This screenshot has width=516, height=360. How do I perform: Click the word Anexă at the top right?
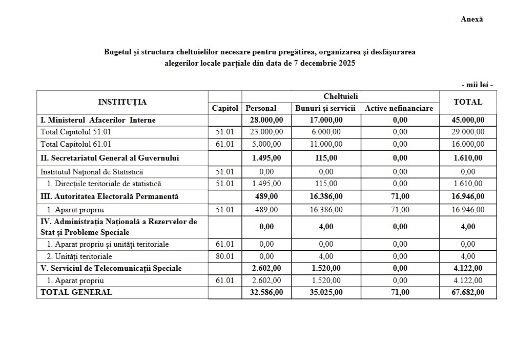[471, 19]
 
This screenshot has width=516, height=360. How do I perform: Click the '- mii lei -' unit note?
[477, 85]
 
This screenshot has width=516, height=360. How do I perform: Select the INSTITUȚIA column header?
[122, 102]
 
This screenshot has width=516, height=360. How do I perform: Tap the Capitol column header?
[225, 108]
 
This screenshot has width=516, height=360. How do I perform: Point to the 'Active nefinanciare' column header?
[399, 108]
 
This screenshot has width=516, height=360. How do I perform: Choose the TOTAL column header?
[468, 102]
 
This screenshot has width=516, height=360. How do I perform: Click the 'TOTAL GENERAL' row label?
[76, 292]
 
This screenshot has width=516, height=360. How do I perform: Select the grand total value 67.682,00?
[468, 292]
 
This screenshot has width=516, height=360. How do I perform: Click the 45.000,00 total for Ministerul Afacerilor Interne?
[468, 120]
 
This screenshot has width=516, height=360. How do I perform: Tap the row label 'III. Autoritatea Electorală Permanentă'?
[110, 196]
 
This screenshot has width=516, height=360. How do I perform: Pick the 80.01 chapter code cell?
[225, 256]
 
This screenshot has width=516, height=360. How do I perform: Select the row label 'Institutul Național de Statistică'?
[92, 172]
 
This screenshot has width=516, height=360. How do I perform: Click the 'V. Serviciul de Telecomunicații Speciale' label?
[111, 268]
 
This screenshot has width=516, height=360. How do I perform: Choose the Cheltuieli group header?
[340, 96]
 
